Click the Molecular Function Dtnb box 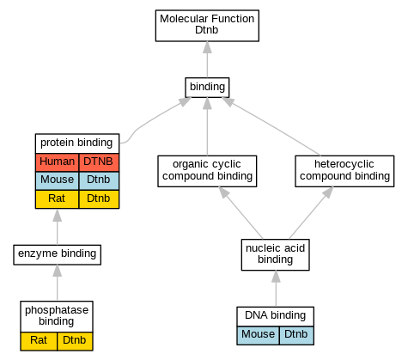207,26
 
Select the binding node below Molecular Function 207,88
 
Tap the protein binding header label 77,143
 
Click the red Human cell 58,162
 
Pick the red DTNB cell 99,162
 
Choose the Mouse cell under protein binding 58,180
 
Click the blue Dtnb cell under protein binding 99,180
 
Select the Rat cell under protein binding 58,199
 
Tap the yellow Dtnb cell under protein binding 99,199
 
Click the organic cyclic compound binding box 207,171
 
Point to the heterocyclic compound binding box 344,171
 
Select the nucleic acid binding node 276,254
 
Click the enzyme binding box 58,254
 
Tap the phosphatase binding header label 57,316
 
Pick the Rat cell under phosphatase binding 39,341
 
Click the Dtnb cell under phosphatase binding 75,341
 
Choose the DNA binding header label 276,316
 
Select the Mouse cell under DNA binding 258,335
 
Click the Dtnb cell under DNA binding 296,335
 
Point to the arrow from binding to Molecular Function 207,59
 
